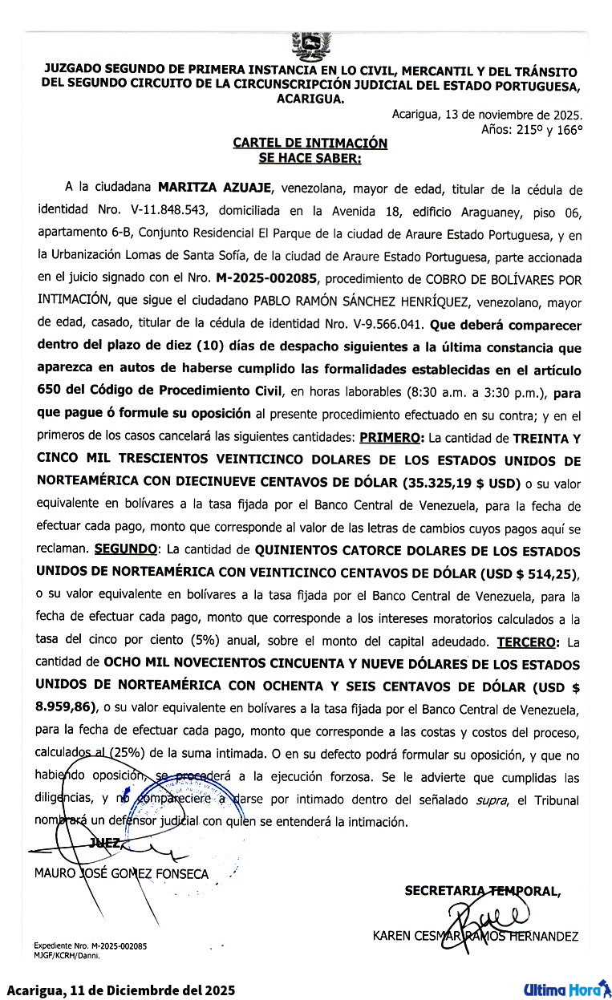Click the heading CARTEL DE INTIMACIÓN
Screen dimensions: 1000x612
click(x=310, y=143)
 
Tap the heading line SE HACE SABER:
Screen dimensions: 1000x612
click(x=310, y=158)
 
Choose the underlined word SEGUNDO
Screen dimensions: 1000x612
click(x=125, y=552)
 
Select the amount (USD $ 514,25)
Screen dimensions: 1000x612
click(x=528, y=574)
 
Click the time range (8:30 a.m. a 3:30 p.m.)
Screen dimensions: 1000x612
click(x=478, y=393)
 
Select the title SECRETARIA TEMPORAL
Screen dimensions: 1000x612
click(x=482, y=890)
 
